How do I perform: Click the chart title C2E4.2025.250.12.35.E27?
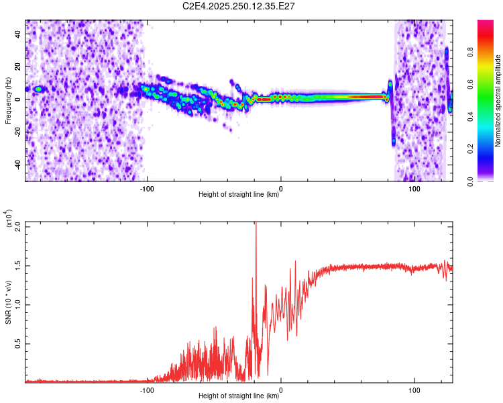[x=239, y=6]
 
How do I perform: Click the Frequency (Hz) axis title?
[x=8, y=100]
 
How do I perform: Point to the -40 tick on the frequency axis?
[x=17, y=164]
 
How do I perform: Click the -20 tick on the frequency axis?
[x=17, y=132]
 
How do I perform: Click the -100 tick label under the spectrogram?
[x=147, y=189]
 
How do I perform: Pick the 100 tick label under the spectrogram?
[x=414, y=189]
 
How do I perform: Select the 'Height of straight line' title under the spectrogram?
[x=239, y=195]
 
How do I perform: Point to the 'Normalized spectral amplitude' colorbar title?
[x=498, y=101]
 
